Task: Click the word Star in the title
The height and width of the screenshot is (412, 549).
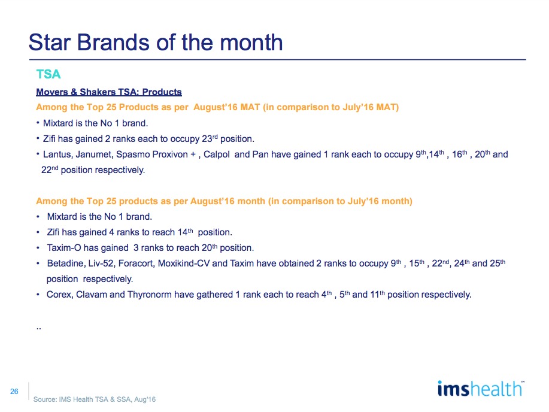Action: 49,43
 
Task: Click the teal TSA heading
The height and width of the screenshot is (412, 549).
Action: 48,74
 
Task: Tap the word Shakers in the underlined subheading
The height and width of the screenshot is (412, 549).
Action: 98,92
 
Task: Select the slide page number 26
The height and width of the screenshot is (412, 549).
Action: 14,391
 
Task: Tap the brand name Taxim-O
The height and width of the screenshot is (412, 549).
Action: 64,248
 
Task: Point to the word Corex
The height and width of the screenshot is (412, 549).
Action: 60,295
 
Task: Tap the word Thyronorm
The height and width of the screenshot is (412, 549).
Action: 150,295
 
